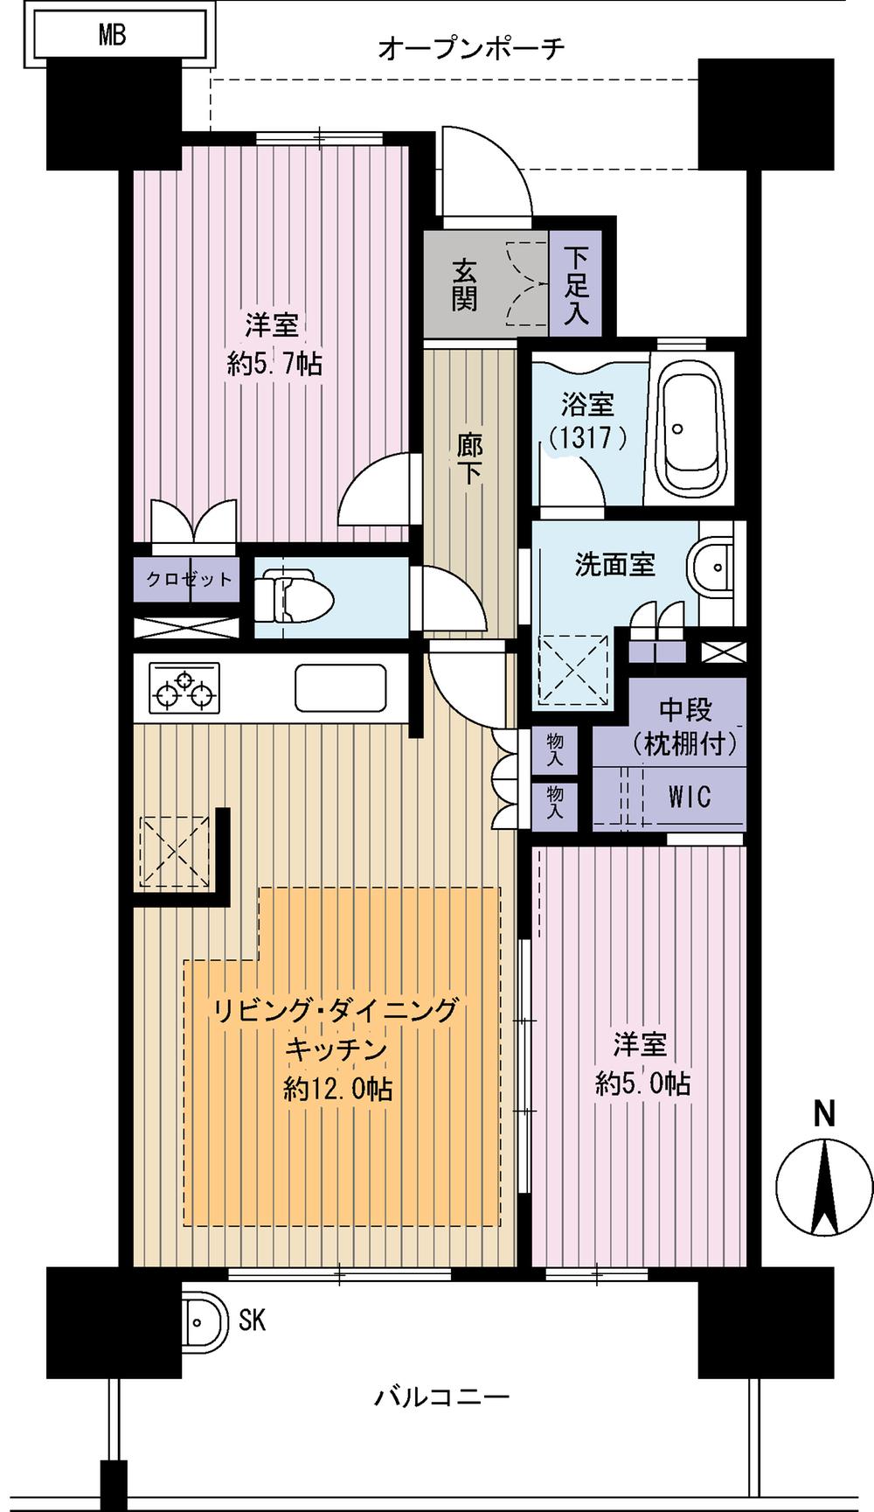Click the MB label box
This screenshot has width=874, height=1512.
pos(113,35)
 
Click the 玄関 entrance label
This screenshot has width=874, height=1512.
pos(464,284)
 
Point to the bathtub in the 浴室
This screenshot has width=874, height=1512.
pos(692,429)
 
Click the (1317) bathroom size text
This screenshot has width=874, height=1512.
pos(587,436)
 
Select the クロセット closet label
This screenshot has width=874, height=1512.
pos(189,579)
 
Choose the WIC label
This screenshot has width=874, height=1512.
pos(690,796)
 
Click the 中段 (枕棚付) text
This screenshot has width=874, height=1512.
pos(684,727)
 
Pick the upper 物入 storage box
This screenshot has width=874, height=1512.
pos(555,749)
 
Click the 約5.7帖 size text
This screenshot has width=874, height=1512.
pos(274,363)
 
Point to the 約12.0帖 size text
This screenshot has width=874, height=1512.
pos(337,1089)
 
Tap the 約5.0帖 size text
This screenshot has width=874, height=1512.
pos(643,1083)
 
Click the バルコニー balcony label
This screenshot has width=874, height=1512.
pos(441,1397)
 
